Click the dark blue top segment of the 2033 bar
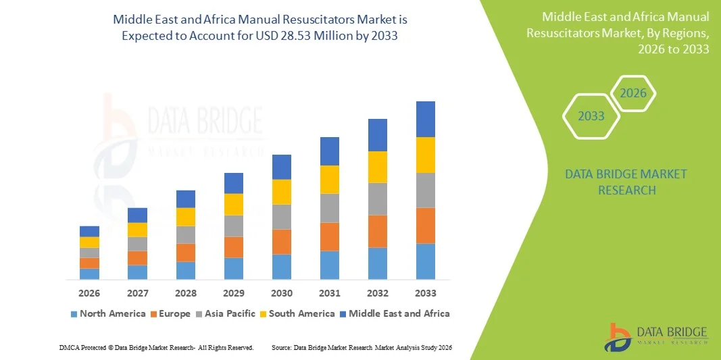[x=425, y=120]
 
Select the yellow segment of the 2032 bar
[x=377, y=167]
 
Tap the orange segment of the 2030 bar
[x=281, y=242]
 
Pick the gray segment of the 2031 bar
[x=329, y=208]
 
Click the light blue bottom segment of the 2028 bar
[x=185, y=270]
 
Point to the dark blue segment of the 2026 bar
[x=89, y=232]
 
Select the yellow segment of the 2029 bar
[x=233, y=205]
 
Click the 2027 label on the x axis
[x=137, y=293]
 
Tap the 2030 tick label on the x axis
[x=281, y=293]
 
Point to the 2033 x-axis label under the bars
[x=425, y=293]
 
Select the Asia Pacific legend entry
[x=225, y=313]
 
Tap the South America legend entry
[x=297, y=313]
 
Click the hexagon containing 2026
[x=633, y=93]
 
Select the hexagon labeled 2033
[x=591, y=116]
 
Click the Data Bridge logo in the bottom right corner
[x=655, y=336]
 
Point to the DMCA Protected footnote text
[x=156, y=347]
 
